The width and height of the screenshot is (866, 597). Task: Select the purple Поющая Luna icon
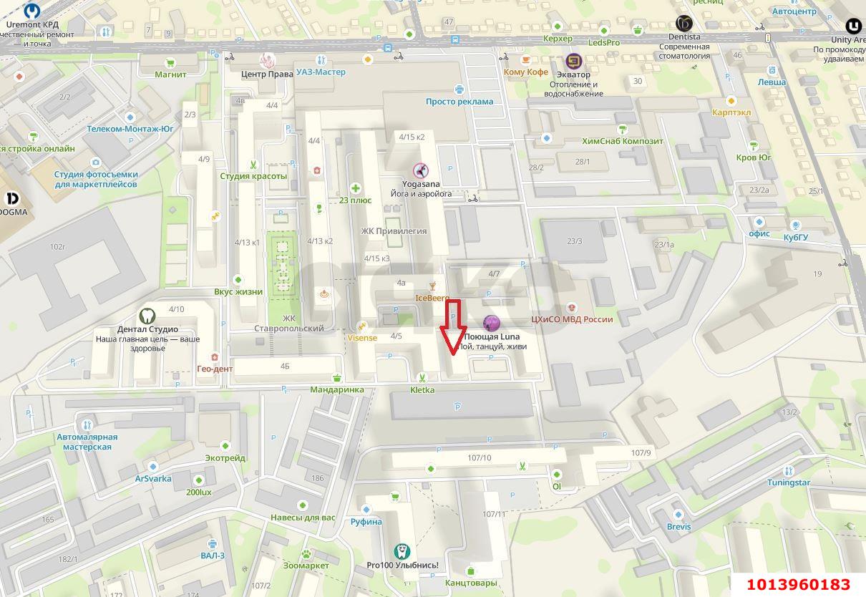tap(491, 324)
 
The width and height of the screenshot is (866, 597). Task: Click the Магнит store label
tap(170, 74)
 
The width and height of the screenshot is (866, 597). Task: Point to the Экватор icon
tap(573, 61)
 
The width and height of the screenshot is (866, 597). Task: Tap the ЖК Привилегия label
tap(394, 231)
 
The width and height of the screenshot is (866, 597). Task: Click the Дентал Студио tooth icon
tap(147, 315)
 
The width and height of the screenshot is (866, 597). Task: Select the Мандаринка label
tap(336, 390)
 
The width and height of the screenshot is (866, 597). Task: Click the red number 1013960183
tap(798, 585)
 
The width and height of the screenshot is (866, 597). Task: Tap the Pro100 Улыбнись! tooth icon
tap(402, 551)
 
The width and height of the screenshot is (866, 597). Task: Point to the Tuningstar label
tap(788, 482)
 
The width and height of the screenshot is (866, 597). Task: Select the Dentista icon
tap(683, 24)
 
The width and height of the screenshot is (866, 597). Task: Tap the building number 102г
tap(57, 247)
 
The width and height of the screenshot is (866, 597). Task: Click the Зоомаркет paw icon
tap(306, 553)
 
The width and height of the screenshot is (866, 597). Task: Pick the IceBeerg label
tap(432, 297)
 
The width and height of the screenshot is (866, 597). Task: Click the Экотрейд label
tap(225, 458)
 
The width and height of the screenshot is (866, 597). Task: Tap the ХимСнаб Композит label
tap(623, 141)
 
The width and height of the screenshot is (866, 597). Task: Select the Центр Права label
tap(267, 73)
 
